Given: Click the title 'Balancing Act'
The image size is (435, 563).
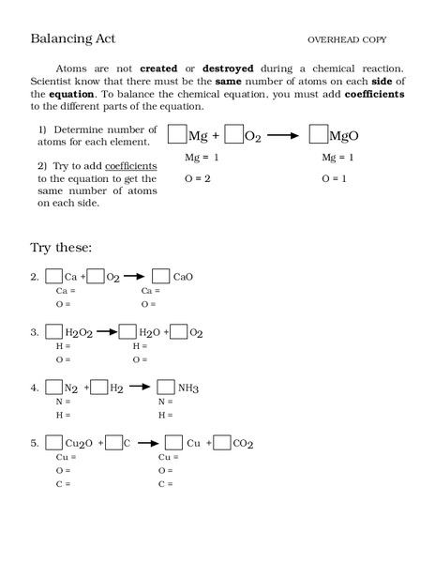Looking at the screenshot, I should [73, 38].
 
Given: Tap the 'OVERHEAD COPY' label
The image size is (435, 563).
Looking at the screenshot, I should [347, 39].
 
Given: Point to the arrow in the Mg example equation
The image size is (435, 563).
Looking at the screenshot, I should [281, 136].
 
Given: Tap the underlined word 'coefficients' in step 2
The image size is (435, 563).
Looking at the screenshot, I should [130, 166].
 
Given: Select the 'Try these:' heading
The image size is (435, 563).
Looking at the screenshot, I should [61, 248].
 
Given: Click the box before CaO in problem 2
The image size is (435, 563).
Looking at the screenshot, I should [160, 276].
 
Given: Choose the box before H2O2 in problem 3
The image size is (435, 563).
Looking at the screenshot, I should [52, 331].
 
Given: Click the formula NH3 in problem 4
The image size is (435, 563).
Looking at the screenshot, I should [189, 388].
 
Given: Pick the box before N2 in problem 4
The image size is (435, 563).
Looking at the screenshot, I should [52, 387].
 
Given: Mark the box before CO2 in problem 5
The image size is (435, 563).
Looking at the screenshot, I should [221, 443].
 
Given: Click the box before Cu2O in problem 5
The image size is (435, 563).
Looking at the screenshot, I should [52, 443].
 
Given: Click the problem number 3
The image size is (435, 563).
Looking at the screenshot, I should [34, 332].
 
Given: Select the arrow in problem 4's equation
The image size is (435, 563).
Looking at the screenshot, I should [140, 387].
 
